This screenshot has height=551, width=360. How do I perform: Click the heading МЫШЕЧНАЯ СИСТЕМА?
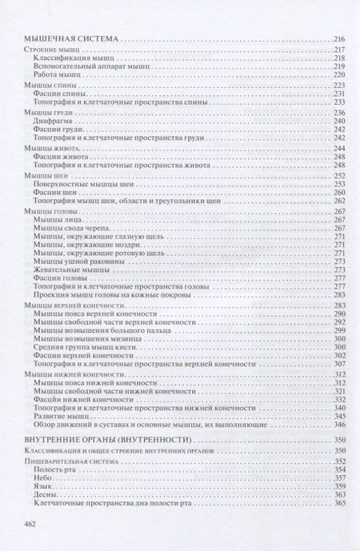[70, 38]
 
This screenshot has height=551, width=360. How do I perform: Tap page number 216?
[338, 38]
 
